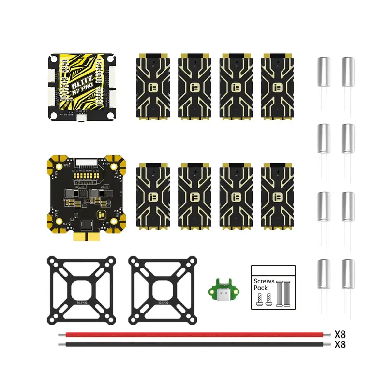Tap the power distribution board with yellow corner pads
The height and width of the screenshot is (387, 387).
pyautogui.click(x=85, y=193)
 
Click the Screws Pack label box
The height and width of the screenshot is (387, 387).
pyautogui.click(x=273, y=287)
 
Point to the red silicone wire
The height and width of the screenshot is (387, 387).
pyautogui.click(x=193, y=334)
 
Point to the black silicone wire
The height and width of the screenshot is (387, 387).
pyautogui.click(x=193, y=344)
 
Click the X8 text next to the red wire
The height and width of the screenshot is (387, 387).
pyautogui.click(x=341, y=334)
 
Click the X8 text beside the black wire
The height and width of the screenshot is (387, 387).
pyautogui.click(x=341, y=344)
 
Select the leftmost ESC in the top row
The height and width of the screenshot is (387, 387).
pyautogui.click(x=152, y=87)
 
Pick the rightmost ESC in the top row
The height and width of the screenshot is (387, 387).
pyautogui.click(x=278, y=87)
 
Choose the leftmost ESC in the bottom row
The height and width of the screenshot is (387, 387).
pyautogui.click(x=152, y=196)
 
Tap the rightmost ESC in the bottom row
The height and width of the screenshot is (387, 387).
pyautogui.click(x=278, y=196)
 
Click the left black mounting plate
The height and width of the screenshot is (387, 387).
pyautogui.click(x=81, y=290)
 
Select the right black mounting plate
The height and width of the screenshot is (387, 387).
pyautogui.click(x=162, y=290)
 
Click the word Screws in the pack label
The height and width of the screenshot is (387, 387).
pyautogui.click(x=264, y=281)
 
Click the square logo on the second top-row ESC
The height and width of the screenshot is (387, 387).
pyautogui.click(x=195, y=88)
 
